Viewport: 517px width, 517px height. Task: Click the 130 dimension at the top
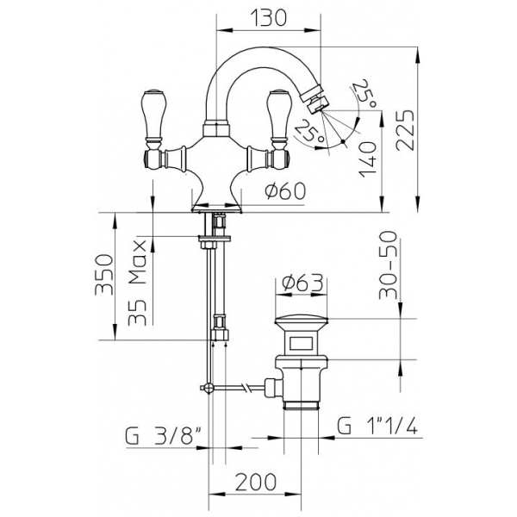click(269, 17)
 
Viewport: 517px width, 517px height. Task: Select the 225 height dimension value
click(405, 130)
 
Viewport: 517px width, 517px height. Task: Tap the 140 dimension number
click(368, 159)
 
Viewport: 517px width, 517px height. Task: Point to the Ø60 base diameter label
click(285, 191)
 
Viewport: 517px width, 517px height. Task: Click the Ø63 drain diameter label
click(302, 283)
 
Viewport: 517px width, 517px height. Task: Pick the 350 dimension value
click(104, 274)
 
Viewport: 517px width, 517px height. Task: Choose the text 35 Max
click(137, 283)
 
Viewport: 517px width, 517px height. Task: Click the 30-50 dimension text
click(388, 265)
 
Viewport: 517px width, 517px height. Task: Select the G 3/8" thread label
click(164, 436)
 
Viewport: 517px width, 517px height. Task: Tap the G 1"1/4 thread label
click(377, 426)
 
